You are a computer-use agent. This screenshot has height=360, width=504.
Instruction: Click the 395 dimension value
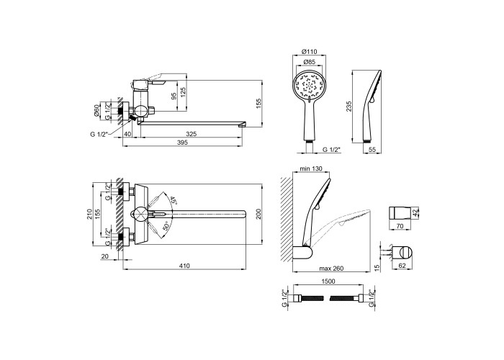pos(182,143)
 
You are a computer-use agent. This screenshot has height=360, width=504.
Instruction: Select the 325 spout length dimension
pos(192,134)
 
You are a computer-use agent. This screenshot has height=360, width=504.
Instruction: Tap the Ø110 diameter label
pos(309,51)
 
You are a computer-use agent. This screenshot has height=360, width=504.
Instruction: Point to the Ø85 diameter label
pos(309,62)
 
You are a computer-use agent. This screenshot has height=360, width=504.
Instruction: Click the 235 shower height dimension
pos(349,107)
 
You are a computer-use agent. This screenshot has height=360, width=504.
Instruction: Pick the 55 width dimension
pos(372,150)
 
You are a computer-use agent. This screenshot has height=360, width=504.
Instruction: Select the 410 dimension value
pos(184,266)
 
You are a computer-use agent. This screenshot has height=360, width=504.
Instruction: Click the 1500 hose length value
pos(328,282)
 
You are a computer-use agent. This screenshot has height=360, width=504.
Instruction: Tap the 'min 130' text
pos(311,168)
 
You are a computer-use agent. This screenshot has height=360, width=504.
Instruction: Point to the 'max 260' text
pos(331,269)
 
